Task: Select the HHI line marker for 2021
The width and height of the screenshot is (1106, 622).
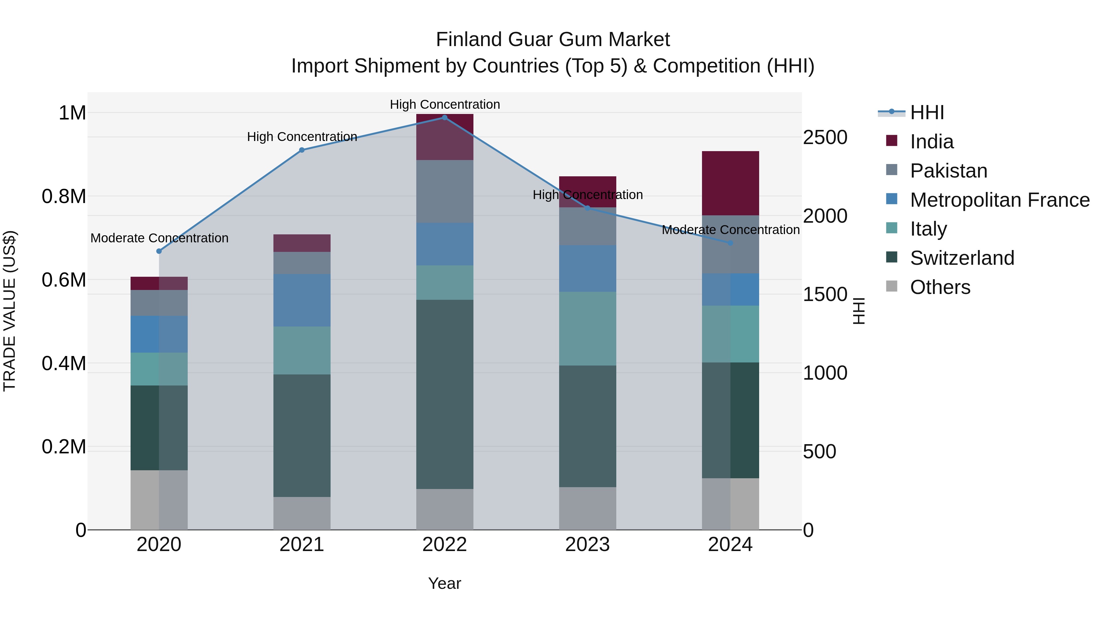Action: point(302,150)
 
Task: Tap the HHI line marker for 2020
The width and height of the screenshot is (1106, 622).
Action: point(159,251)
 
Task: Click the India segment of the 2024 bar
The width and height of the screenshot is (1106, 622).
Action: point(730,183)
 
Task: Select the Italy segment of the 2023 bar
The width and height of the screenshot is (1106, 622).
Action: point(587,328)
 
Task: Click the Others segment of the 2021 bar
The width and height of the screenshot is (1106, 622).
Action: point(302,513)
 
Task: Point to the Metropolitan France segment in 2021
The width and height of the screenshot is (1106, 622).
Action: point(302,300)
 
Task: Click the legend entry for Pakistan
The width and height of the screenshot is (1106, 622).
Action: point(948,171)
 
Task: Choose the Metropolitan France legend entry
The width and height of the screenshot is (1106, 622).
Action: point(999,200)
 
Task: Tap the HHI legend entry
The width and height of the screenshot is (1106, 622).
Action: point(927,112)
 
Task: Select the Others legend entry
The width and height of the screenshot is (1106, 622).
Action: point(940,287)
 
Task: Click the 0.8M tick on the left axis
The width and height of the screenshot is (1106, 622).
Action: point(64,197)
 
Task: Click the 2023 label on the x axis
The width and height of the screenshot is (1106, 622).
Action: point(587,545)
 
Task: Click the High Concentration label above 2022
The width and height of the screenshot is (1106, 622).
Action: point(445,104)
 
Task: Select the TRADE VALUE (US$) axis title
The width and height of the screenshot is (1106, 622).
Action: point(10,311)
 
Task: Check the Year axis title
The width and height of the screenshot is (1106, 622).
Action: point(444,583)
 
